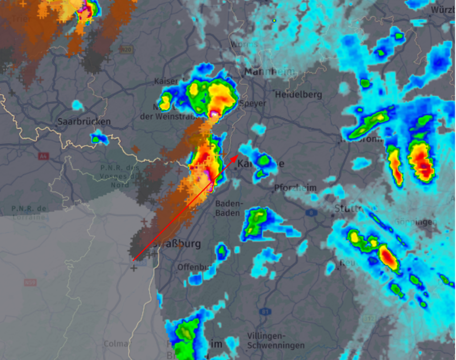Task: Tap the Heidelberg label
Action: (298, 94)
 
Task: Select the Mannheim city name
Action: (269, 72)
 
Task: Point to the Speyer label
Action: (252, 104)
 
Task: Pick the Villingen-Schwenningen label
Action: (276, 340)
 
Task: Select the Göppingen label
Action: (415, 222)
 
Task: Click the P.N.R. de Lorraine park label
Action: (29, 213)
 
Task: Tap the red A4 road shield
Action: (43, 156)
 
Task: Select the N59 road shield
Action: (30, 282)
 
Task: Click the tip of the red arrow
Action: (236, 156)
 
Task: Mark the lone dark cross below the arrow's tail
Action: (134, 268)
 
